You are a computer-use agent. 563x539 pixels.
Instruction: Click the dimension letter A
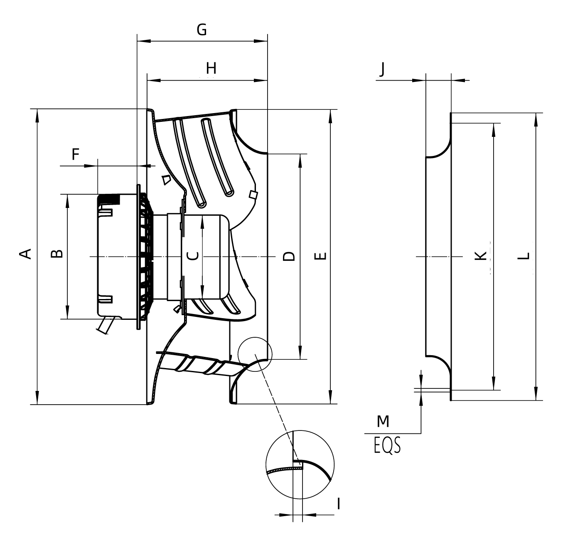tap(26, 253)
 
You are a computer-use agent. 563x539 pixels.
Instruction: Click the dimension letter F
tap(75, 154)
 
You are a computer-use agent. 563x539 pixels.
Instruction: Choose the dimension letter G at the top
tap(202, 30)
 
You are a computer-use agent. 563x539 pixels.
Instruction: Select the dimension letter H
tap(211, 68)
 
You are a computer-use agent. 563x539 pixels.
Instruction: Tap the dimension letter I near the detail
tap(339, 504)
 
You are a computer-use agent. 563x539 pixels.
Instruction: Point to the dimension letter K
tap(480, 256)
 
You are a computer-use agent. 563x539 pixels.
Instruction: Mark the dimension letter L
tap(525, 256)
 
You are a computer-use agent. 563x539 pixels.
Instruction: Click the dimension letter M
tap(383, 422)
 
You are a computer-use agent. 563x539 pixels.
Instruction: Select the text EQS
tap(387, 445)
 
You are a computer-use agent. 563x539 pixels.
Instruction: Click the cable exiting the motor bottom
tap(104, 325)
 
